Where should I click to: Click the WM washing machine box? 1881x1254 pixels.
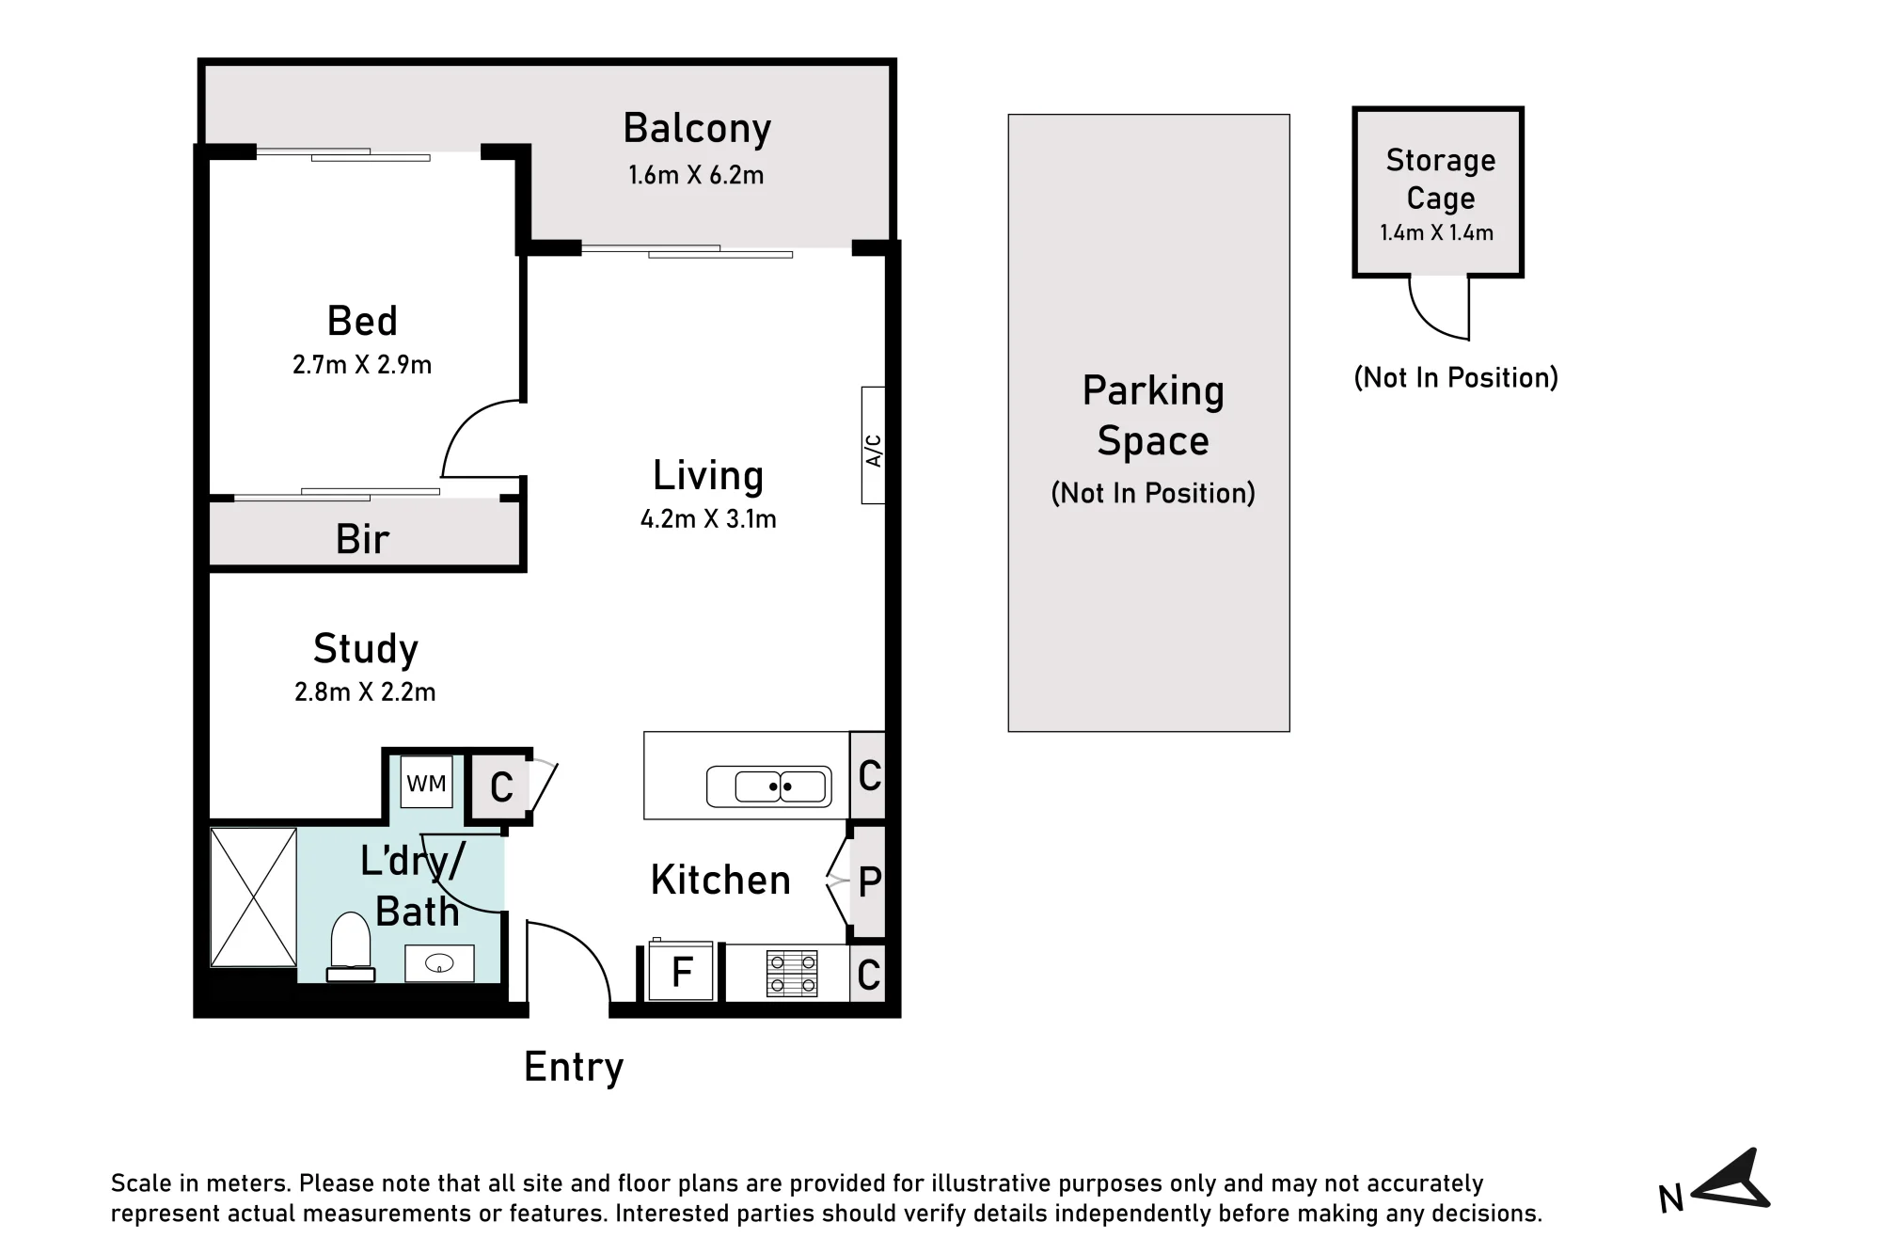click(x=427, y=782)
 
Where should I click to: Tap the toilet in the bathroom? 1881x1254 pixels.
click(x=351, y=946)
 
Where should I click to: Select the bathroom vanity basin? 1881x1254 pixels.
click(x=439, y=963)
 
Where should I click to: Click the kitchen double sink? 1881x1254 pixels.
click(x=769, y=786)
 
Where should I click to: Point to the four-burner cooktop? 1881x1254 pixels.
click(x=792, y=974)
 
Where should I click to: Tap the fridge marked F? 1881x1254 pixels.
click(x=682, y=971)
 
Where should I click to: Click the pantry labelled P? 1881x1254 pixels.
click(x=868, y=881)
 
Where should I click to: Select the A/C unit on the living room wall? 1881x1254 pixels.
click(x=874, y=445)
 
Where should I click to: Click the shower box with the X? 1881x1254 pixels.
click(x=253, y=897)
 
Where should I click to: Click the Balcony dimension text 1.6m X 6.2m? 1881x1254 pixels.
click(x=696, y=175)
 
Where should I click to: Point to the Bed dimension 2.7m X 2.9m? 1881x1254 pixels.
click(x=362, y=365)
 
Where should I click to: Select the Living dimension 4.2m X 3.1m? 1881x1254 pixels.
click(x=708, y=519)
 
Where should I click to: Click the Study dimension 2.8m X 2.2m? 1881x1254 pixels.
click(x=365, y=692)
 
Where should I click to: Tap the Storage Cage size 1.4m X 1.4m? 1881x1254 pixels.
click(x=1436, y=233)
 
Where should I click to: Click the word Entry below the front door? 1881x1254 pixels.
click(x=574, y=1068)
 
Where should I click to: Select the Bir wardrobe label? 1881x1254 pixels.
click(x=362, y=540)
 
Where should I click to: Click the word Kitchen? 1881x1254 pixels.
click(x=720, y=881)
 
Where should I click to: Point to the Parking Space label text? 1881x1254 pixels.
click(x=1153, y=416)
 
